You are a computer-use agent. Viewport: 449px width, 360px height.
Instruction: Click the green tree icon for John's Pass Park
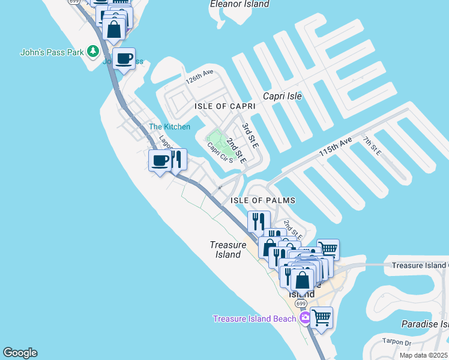92,52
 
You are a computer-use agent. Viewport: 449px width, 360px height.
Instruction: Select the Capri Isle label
282,96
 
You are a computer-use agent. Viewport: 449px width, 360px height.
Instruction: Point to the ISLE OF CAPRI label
225,106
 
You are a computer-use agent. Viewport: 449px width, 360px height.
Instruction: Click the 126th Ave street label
199,76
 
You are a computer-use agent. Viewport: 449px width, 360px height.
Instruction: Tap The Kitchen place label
169,127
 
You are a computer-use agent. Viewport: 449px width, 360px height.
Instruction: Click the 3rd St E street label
250,136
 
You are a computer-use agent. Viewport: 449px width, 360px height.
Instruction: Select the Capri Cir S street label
220,152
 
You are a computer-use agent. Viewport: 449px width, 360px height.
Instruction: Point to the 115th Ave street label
335,147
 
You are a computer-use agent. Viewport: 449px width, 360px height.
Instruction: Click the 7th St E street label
372,145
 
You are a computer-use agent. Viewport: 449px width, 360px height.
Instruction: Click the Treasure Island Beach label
255,319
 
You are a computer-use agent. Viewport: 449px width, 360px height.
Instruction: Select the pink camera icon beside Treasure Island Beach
305,317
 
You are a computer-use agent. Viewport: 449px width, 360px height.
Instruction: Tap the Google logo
20,353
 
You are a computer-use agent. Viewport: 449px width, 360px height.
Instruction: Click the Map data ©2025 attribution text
423,355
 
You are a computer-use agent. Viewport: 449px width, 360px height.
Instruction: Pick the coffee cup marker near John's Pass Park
124,59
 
